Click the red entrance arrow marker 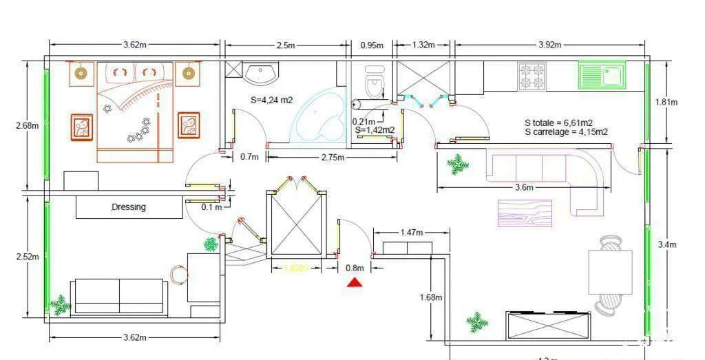(355, 282)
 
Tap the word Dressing (129, 207)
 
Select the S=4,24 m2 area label (271, 100)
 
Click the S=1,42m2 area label (375, 129)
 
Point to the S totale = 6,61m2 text (558, 123)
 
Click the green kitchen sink (602, 76)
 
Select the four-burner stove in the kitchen (532, 76)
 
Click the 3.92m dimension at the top (549, 45)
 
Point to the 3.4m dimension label (667, 244)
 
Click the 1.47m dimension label (412, 233)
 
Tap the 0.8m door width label (355, 268)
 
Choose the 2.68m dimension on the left (27, 125)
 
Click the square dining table (610, 272)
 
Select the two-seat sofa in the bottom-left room (119, 297)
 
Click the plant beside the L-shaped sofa (456, 164)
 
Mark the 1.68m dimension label (430, 297)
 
